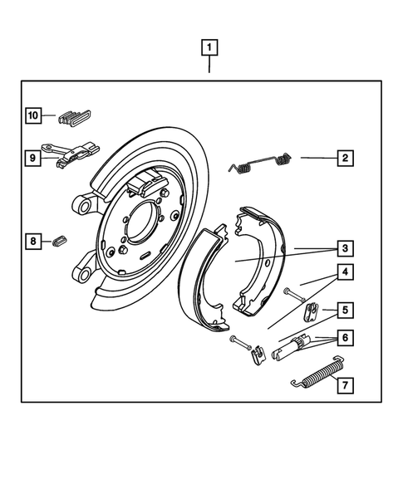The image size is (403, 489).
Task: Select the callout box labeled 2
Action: (342, 157)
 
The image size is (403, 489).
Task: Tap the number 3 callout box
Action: (342, 247)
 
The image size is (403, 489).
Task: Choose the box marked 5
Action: (342, 311)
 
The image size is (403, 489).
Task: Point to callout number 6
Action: (342, 339)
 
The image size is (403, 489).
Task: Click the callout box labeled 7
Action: (342, 384)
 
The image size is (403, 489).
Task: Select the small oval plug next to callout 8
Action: (58, 242)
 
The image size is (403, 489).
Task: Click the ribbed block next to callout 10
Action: (76, 116)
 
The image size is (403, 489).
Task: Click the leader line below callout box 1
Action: (210, 65)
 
